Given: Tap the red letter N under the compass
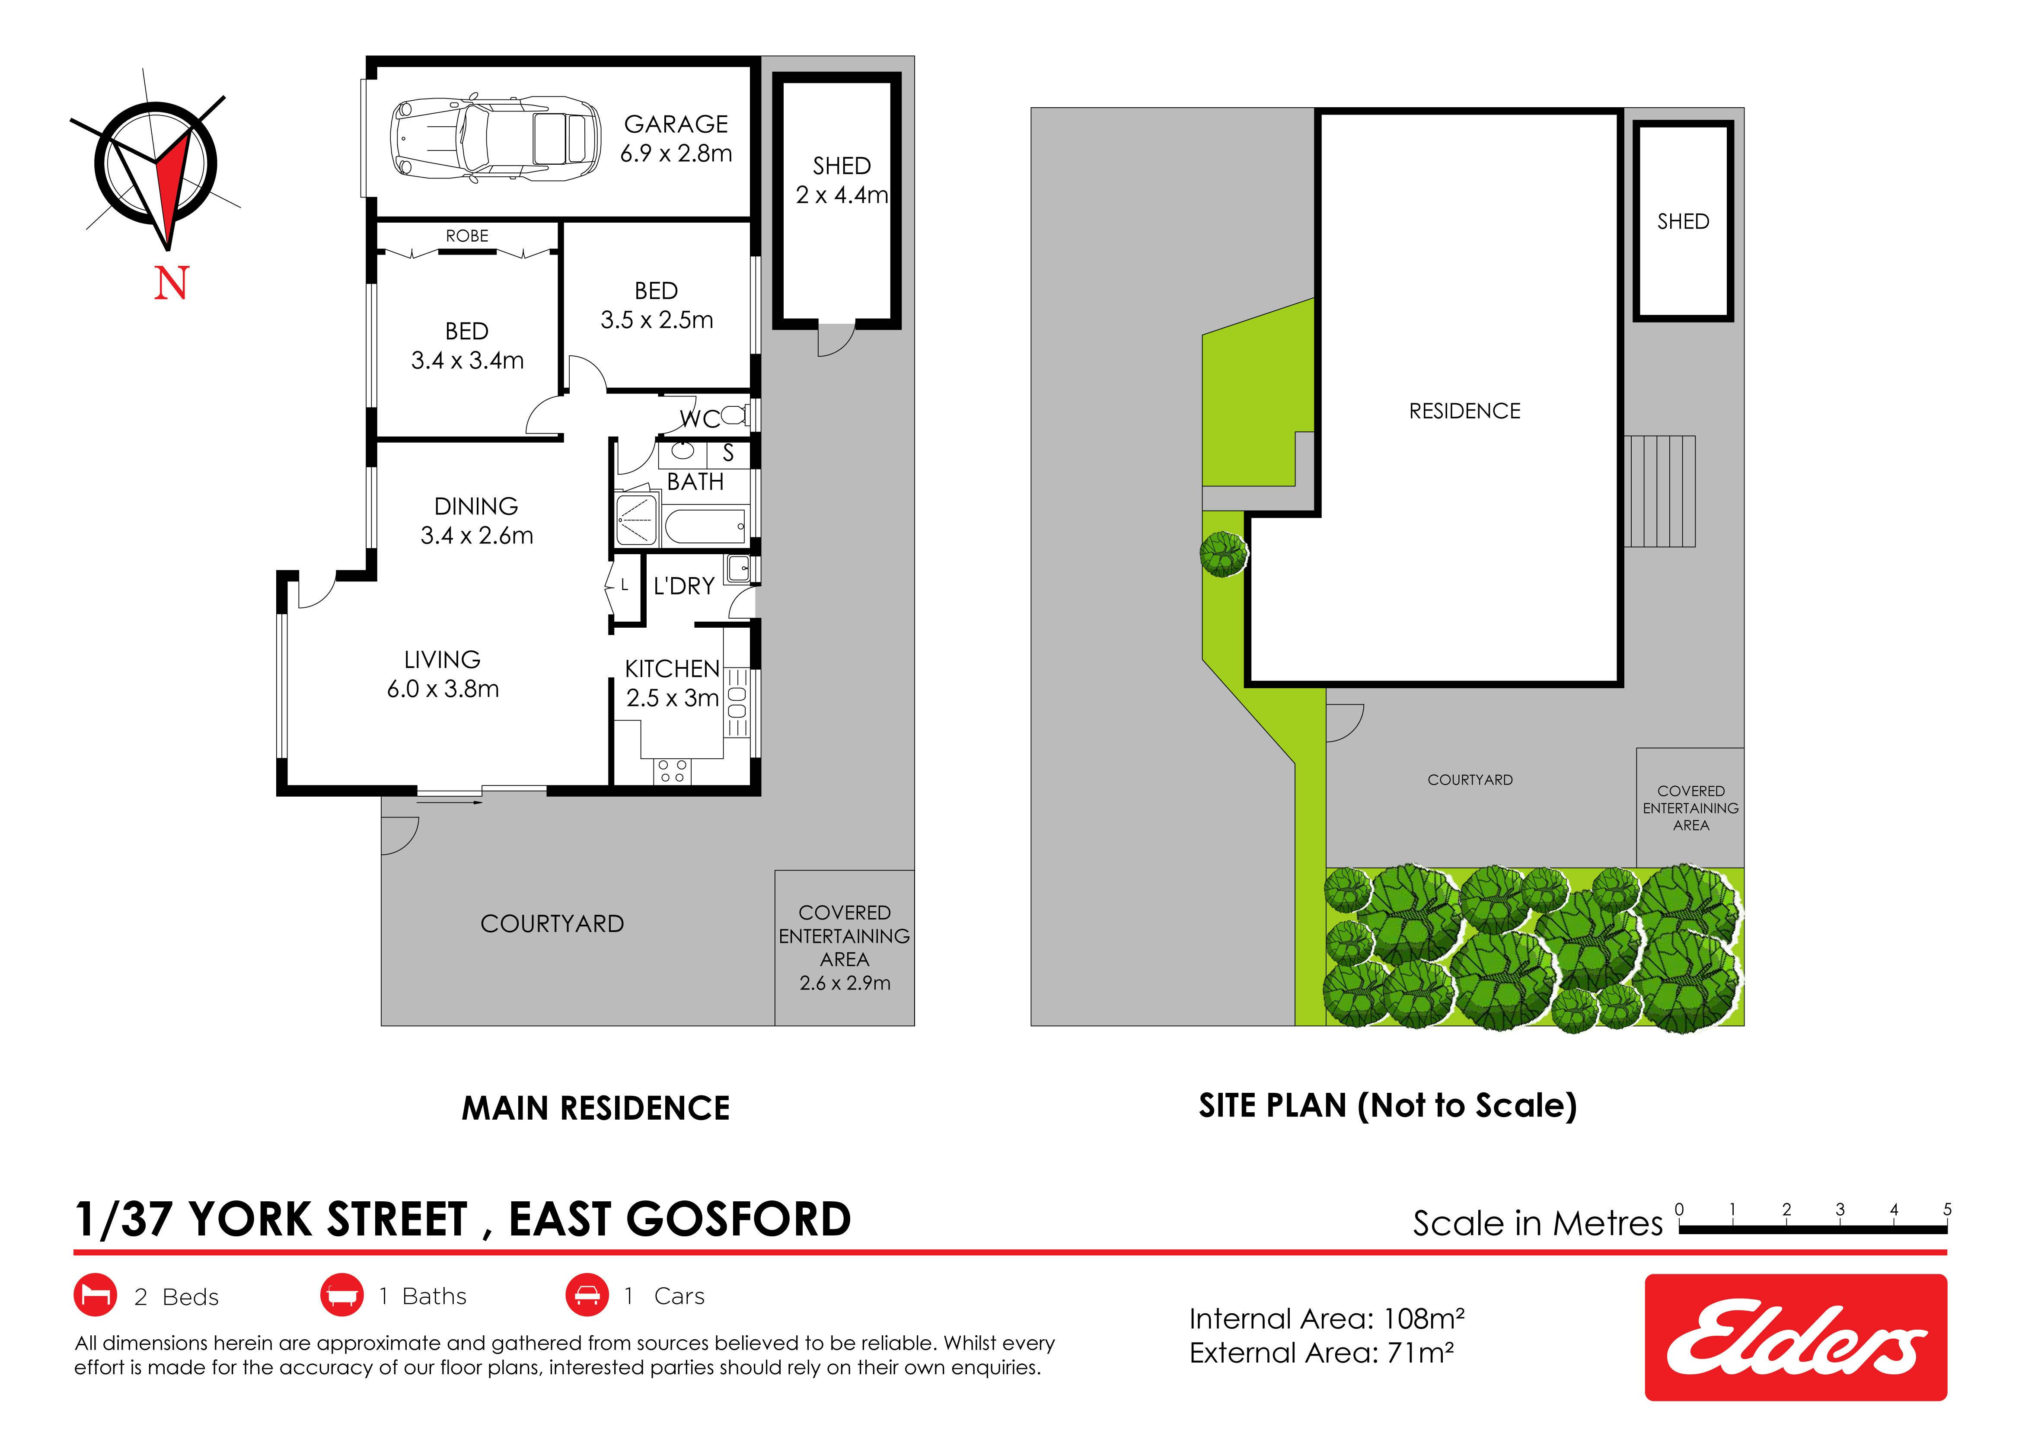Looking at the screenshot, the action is tap(172, 284).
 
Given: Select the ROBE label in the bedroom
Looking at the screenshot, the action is tap(467, 236).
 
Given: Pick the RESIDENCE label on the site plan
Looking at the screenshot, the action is tap(1464, 411).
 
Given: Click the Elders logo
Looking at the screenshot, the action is tap(1796, 1337).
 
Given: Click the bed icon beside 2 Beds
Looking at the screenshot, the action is tap(95, 1295).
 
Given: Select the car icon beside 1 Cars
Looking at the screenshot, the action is tap(587, 1295).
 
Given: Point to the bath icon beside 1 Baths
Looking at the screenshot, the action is tap(342, 1295).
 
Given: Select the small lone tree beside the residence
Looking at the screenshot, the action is tap(1223, 554).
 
